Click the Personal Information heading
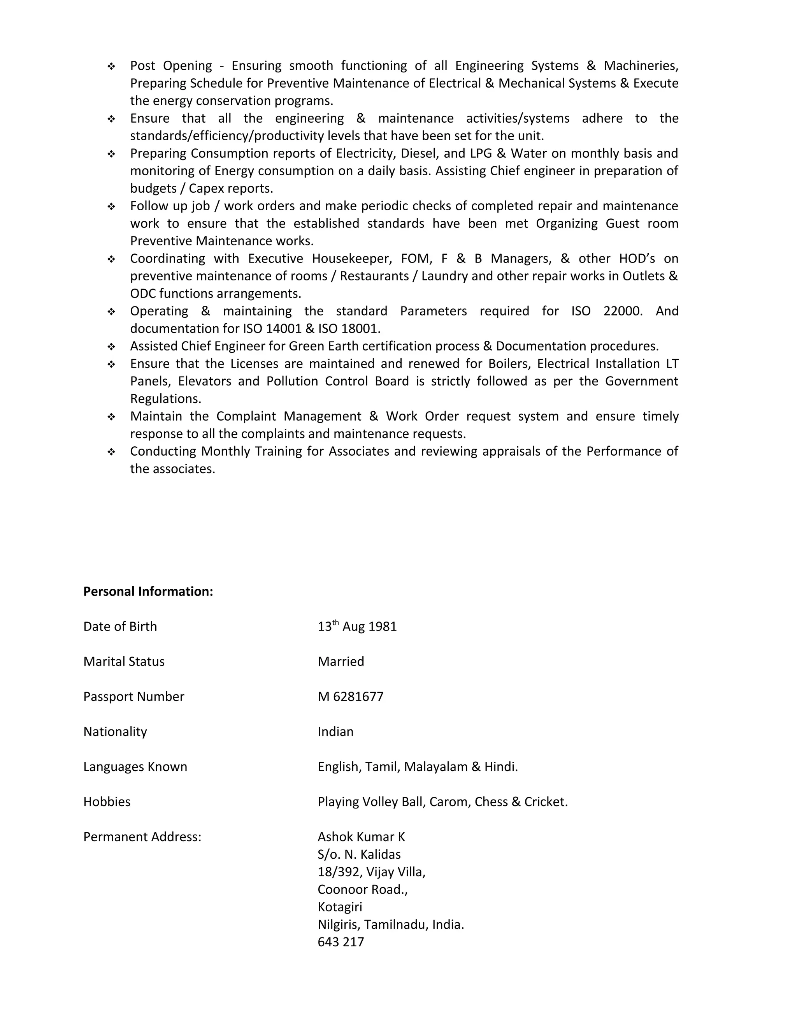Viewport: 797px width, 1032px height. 148,591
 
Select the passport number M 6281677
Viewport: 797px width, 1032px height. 350,697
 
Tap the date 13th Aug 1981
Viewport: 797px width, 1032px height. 357,627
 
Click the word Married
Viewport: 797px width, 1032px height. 341,662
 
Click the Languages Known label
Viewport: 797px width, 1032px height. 135,766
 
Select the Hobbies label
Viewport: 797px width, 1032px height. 107,801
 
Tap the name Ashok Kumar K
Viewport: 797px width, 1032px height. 361,837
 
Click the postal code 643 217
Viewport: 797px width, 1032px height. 341,942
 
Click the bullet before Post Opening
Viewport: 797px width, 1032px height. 111,66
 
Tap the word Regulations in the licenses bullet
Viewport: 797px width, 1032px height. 165,399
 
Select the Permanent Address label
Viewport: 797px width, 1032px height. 142,837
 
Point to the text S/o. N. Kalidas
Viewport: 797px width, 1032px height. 359,854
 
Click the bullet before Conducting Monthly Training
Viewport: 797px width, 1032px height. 111,452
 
